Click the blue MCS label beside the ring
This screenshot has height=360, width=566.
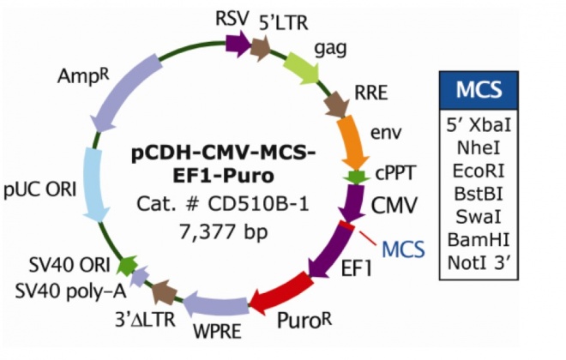coord(402,249)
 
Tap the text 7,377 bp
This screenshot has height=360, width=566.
coord(222,229)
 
